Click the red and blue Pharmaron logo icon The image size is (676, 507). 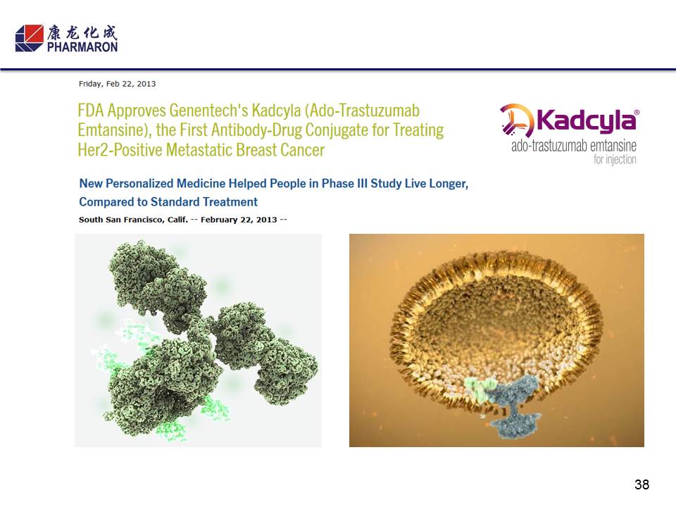(x=30, y=38)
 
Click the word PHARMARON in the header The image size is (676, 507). (x=82, y=47)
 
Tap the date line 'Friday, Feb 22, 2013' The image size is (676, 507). (x=118, y=84)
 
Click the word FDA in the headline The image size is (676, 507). (x=91, y=111)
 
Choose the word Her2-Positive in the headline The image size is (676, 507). (x=120, y=150)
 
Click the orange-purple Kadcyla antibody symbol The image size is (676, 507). (x=516, y=120)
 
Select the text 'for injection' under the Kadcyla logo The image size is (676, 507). (x=615, y=160)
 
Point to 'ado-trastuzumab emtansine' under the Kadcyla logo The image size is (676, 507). (x=574, y=146)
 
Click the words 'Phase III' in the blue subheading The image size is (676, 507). (x=344, y=183)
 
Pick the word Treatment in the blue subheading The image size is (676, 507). (x=230, y=202)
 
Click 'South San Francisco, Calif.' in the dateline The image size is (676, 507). (x=133, y=220)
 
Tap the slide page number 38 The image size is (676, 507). (x=641, y=484)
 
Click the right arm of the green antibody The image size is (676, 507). (x=265, y=351)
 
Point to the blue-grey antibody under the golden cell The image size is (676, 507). (x=515, y=406)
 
